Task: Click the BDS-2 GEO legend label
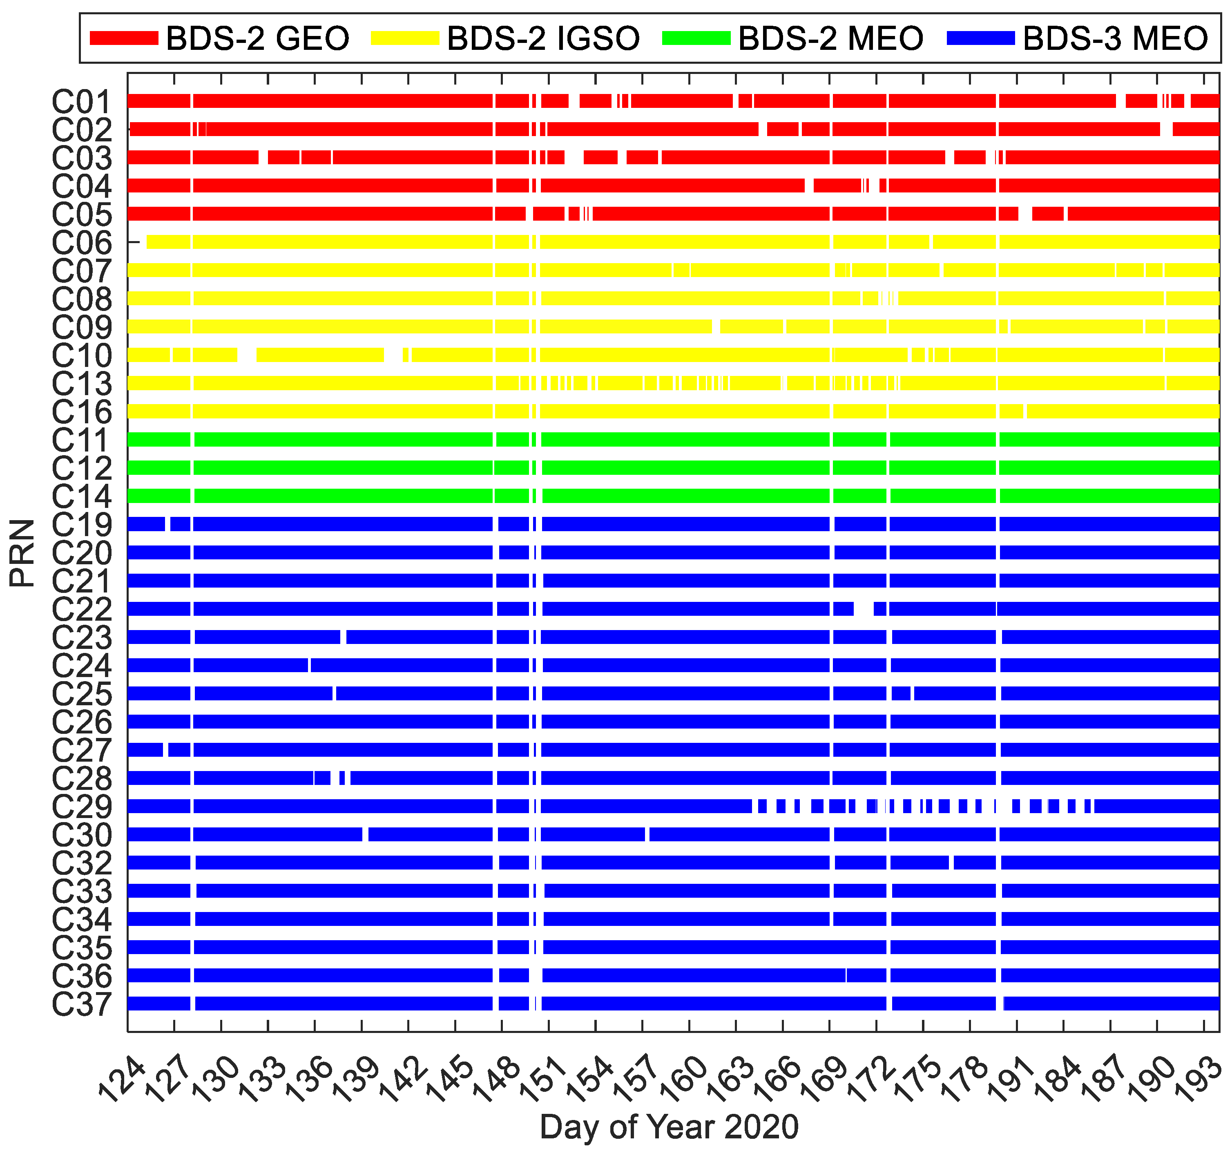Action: (257, 38)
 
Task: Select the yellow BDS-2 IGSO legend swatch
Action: (405, 38)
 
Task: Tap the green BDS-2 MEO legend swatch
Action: (696, 38)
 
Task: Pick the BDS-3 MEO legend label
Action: (1115, 38)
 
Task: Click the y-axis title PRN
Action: (22, 553)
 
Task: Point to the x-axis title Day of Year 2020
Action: (669, 1127)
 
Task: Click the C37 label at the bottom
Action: (82, 1004)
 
